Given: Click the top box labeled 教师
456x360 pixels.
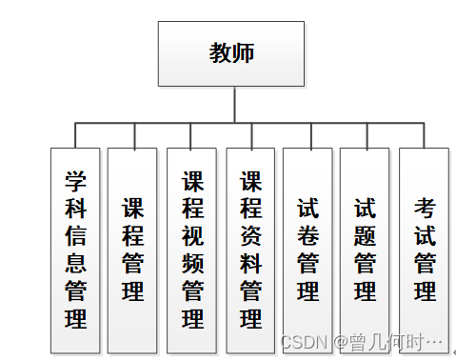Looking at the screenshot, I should (x=232, y=53).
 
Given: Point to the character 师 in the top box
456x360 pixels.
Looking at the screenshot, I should (x=244, y=53).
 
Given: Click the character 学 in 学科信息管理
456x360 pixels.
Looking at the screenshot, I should (x=75, y=178).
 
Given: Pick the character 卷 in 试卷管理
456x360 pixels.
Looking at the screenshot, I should (x=307, y=234).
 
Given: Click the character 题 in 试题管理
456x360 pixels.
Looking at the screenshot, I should (x=365, y=234).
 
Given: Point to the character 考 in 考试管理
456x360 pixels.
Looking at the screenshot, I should (x=425, y=207).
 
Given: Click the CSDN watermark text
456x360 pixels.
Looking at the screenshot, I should (x=305, y=340).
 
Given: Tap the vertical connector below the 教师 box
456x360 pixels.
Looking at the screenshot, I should (x=232, y=104).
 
